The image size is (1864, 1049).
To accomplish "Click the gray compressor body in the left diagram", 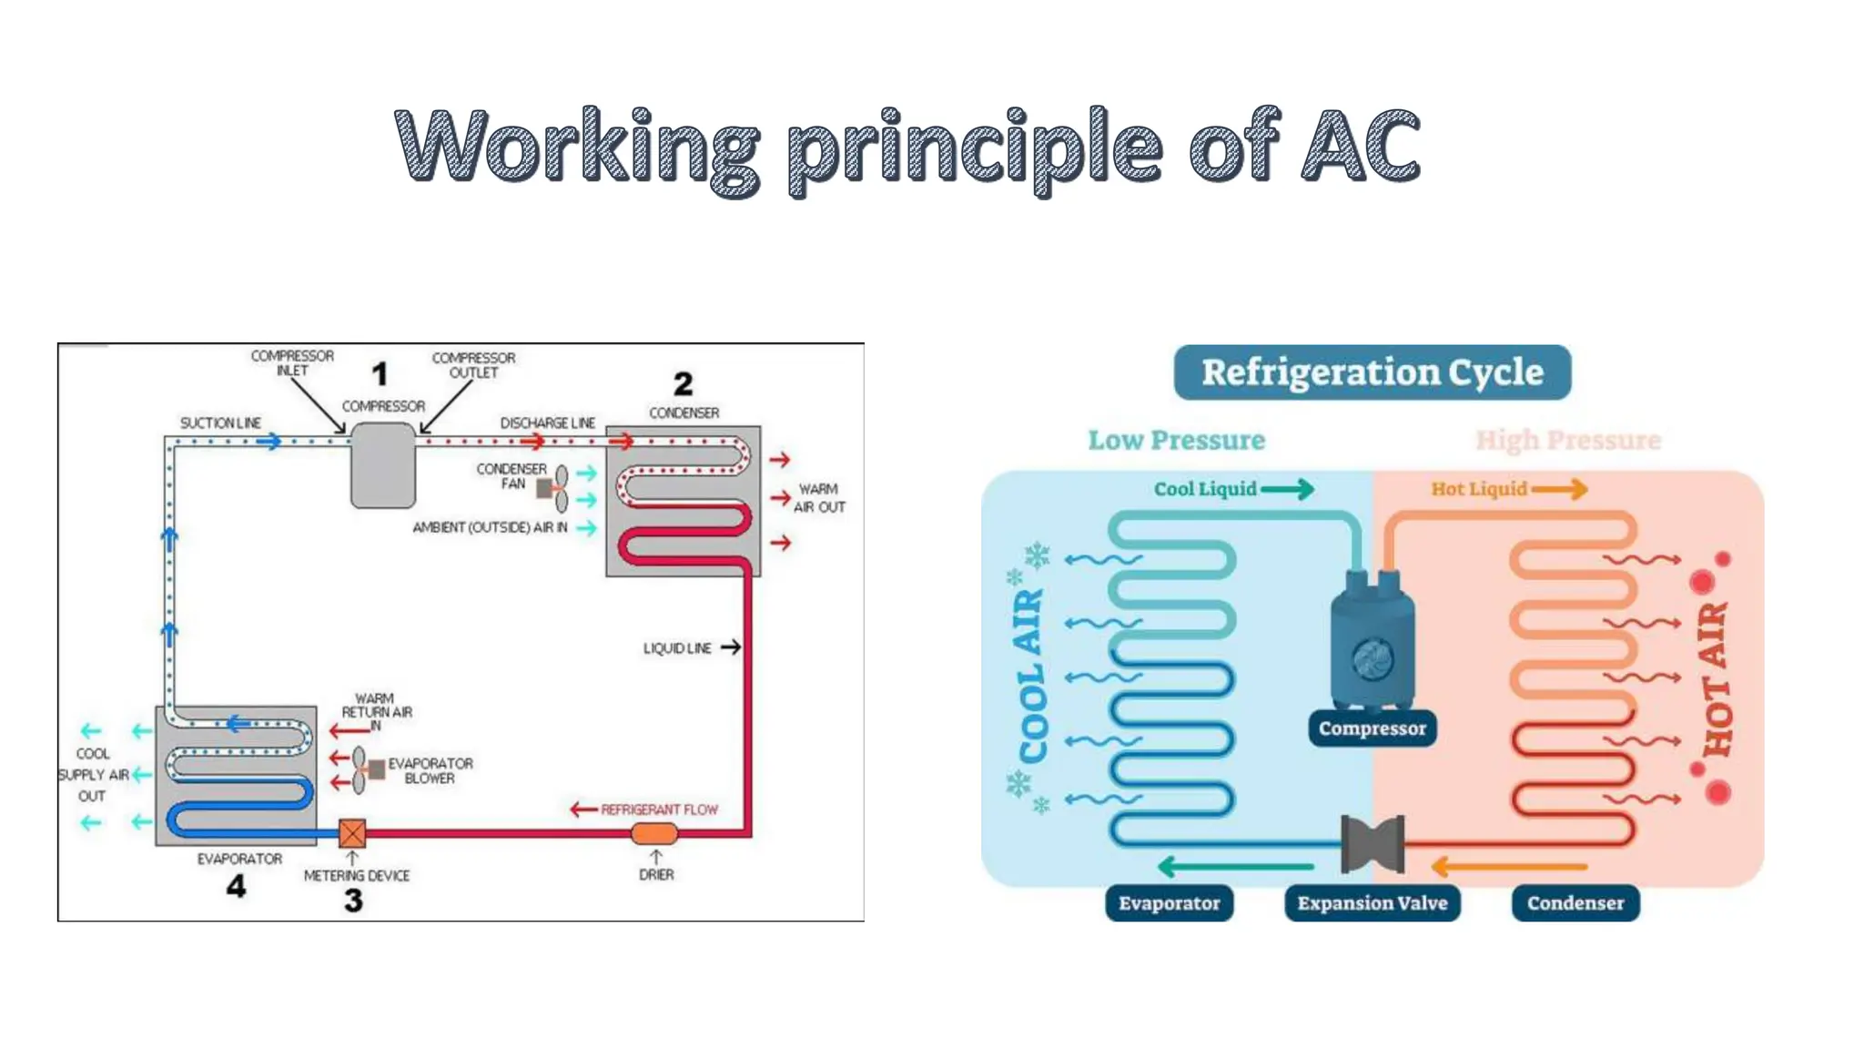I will [x=383, y=466].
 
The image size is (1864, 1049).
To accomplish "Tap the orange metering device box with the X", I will [x=352, y=832].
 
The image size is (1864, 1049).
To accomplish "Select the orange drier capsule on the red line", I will [x=654, y=832].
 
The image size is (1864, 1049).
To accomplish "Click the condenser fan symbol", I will [x=553, y=489].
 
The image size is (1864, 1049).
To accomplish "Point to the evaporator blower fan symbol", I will [x=366, y=770].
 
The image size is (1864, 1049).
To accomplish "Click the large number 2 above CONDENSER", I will [x=683, y=383].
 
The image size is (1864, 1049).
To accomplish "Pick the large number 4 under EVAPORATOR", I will [x=236, y=886].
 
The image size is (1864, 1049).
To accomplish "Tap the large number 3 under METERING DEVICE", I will [x=353, y=901].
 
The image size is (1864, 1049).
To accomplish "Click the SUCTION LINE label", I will [x=220, y=423].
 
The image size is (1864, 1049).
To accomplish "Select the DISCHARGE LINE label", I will [x=547, y=423].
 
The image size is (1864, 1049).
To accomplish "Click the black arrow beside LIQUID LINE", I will [x=730, y=647].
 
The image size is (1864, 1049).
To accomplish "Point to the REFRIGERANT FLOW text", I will [x=659, y=810].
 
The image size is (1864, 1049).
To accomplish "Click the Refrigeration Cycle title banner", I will [x=1372, y=372].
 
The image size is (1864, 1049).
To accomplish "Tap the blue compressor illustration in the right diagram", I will [x=1372, y=642].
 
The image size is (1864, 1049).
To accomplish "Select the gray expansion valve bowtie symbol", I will [x=1373, y=843].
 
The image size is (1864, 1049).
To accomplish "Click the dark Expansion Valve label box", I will [x=1372, y=903].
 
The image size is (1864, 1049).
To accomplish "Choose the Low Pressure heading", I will [x=1176, y=441].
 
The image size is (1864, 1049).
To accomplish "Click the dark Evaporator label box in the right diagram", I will [x=1169, y=903].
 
